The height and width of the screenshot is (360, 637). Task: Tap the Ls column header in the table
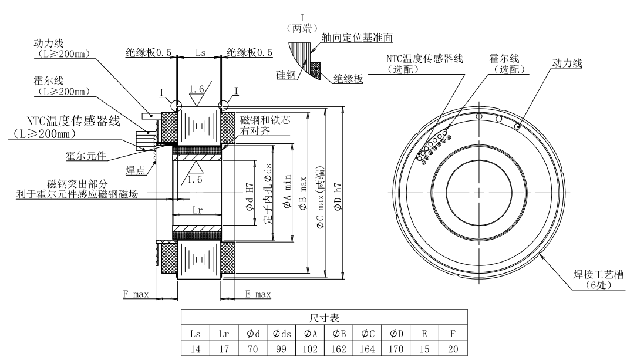[x=195, y=333]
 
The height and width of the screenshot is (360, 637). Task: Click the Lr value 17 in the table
[x=223, y=346]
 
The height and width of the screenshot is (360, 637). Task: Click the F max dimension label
[x=136, y=294]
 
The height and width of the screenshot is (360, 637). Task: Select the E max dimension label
[x=258, y=294]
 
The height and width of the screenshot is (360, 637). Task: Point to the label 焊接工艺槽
[x=594, y=273]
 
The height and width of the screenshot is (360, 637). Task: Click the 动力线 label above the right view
[x=567, y=63]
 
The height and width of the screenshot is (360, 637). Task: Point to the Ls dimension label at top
[x=200, y=52]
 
